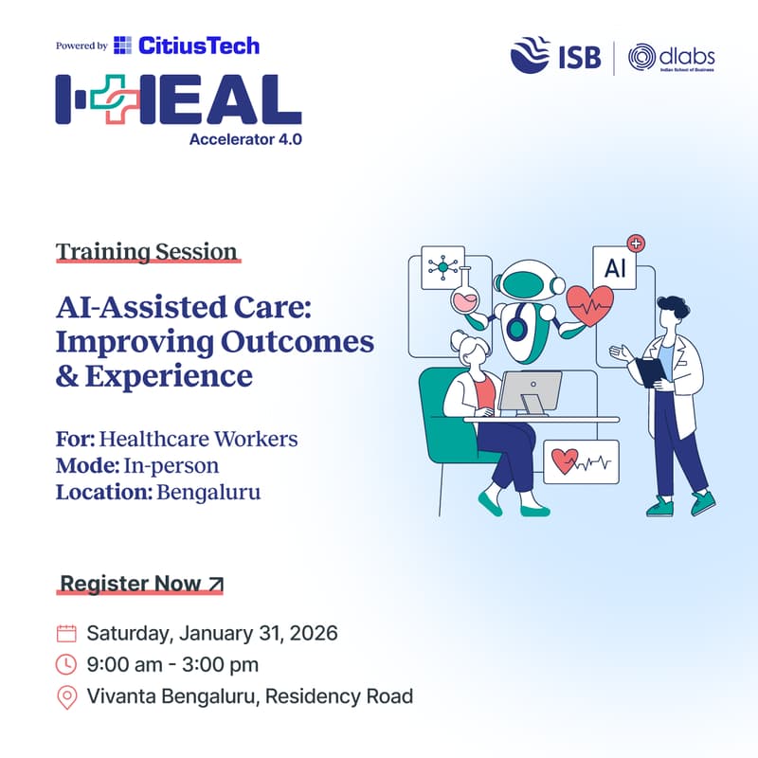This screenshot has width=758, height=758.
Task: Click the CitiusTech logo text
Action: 198,45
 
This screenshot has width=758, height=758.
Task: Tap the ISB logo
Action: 556,56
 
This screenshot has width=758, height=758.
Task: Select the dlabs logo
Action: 673,57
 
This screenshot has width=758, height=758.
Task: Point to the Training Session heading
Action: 146,252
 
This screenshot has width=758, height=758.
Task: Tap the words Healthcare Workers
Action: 198,440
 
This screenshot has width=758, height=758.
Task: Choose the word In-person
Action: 170,466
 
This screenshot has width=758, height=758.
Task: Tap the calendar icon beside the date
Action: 66,634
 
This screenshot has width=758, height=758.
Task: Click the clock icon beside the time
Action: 66,665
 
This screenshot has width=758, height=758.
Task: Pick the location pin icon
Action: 66,698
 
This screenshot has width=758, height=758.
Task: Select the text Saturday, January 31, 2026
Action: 212,634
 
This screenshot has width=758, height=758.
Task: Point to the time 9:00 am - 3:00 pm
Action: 172,665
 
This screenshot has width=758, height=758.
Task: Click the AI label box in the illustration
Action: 616,268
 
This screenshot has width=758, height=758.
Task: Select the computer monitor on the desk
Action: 531,390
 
